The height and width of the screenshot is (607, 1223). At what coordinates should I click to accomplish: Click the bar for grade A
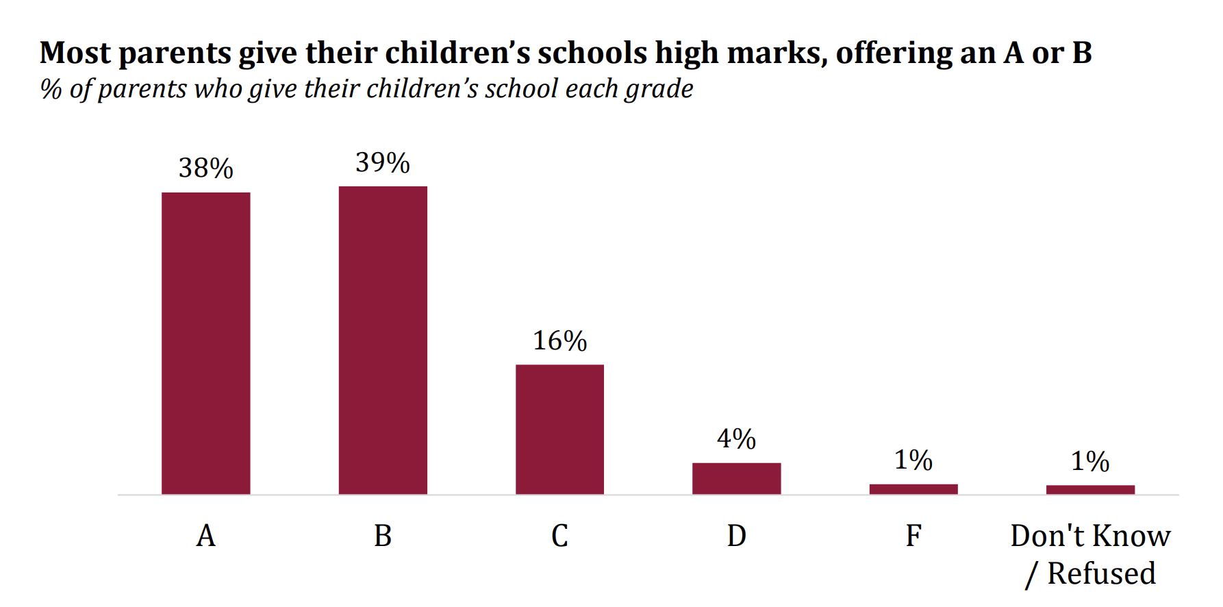tap(206, 343)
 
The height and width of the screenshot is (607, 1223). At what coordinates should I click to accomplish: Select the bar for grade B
tap(383, 340)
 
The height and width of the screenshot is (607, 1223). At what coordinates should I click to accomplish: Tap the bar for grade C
tap(559, 430)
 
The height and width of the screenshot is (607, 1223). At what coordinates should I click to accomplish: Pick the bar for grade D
tap(737, 478)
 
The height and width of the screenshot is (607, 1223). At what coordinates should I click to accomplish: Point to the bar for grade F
tap(913, 489)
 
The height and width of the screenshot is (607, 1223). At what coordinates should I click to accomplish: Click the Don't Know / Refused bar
tap(1090, 489)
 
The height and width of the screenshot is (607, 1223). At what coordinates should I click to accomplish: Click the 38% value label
tap(206, 168)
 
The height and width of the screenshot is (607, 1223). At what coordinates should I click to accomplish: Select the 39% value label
tap(383, 162)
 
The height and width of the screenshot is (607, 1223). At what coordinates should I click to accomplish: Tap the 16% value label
tap(560, 340)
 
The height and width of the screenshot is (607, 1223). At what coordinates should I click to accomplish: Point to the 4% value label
tap(737, 438)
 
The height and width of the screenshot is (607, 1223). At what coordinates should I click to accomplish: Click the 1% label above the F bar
tap(913, 460)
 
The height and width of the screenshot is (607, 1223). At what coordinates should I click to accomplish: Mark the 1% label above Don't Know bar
tap(1090, 461)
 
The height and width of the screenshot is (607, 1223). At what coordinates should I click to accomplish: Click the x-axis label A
tap(206, 535)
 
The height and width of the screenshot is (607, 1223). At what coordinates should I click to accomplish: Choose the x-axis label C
tap(559, 535)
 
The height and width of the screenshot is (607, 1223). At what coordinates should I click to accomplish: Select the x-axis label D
tap(737, 535)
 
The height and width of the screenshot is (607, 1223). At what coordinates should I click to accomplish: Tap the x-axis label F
tap(913, 535)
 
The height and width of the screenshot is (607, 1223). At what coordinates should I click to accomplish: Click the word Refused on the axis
tap(1102, 573)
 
